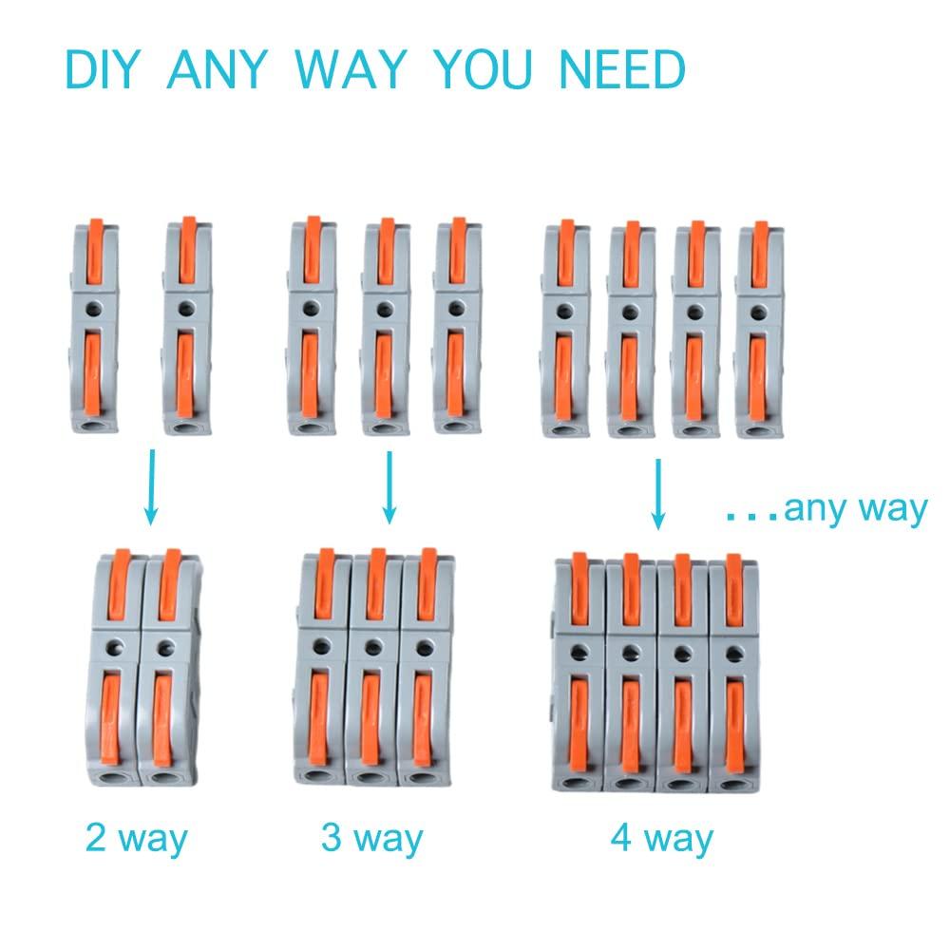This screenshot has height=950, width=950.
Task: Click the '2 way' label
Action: (137, 839)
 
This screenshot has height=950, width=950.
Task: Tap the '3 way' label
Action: (371, 839)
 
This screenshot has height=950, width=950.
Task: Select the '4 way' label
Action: (661, 839)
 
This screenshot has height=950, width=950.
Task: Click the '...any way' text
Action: (825, 509)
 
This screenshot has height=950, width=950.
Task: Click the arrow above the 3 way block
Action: (388, 485)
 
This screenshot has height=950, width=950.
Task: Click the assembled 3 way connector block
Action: (370, 670)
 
